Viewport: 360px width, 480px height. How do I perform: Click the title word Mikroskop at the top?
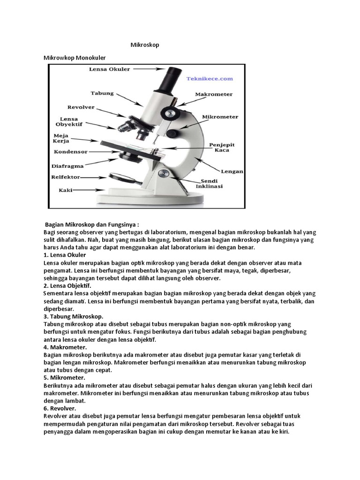click(145, 45)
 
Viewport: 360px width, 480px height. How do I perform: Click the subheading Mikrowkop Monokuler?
click(75, 58)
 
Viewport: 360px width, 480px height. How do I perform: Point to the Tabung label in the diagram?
click(102, 93)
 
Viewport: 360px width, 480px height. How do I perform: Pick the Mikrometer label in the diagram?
click(220, 116)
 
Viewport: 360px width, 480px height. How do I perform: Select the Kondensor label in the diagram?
click(71, 152)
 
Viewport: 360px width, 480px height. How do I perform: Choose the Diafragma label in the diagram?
click(68, 165)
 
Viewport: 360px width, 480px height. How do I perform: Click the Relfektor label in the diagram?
click(66, 177)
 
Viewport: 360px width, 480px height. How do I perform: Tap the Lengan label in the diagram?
click(232, 172)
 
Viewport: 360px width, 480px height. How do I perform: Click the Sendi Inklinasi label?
click(212, 183)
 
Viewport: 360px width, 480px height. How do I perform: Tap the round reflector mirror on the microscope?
click(119, 177)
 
